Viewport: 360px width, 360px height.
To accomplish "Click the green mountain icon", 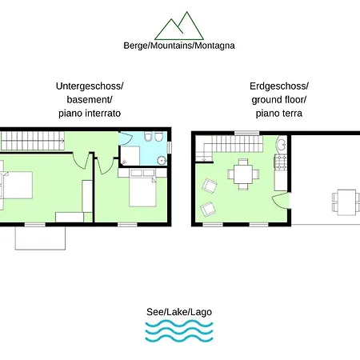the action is click(x=179, y=26).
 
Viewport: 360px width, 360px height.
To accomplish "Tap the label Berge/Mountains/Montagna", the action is click(x=179, y=46).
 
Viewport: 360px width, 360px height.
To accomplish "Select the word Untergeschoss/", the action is click(x=90, y=86).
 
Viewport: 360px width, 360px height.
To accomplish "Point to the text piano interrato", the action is click(x=90, y=114).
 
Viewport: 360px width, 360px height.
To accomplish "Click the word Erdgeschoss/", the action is click(x=279, y=86).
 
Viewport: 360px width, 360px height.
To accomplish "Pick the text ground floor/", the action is click(x=279, y=100).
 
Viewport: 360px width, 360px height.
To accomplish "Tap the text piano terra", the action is click(x=279, y=114).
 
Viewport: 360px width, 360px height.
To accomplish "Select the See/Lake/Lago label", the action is click(x=179, y=312).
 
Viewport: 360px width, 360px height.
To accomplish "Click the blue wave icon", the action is click(x=179, y=331).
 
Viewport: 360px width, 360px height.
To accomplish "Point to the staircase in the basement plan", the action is click(x=33, y=141).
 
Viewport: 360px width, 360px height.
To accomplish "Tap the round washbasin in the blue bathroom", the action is click(x=162, y=160).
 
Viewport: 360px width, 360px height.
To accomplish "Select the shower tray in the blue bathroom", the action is click(x=130, y=156).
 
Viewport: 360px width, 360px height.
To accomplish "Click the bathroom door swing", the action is click(x=126, y=138).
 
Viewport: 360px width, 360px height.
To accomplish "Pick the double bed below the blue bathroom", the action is click(x=142, y=188).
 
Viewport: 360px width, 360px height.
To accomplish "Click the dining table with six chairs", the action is click(x=243, y=174).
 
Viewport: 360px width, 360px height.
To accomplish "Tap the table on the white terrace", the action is click(x=346, y=202).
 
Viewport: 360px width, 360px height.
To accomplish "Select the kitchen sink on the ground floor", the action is click(x=281, y=145).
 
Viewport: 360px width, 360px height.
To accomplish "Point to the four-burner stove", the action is click(x=281, y=162).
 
